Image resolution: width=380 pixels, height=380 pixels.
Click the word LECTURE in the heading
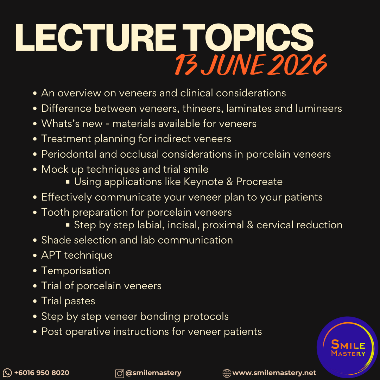point(95,38)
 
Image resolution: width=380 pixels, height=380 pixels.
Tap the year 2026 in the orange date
point(297,64)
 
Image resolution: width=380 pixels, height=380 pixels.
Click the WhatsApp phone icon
point(7,373)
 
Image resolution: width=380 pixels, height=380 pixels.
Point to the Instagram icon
point(120,373)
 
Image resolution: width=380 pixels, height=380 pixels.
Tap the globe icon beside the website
point(227,373)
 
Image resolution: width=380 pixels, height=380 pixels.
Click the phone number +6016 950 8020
point(42,373)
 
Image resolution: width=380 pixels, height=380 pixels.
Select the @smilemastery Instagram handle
point(153,373)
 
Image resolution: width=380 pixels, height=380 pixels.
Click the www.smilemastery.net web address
point(274,373)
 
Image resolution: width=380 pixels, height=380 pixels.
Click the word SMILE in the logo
point(348,344)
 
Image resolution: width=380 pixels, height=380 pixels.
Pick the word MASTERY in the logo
point(348,353)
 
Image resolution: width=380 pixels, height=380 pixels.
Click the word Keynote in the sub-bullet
point(203,182)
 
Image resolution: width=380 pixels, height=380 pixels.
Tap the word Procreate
point(259,182)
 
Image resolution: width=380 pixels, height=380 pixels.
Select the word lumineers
point(318,109)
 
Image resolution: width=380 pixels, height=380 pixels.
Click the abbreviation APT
point(51,255)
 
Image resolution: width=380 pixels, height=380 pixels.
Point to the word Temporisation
point(76,271)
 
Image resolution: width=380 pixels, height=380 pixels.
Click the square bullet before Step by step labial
point(68,225)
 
